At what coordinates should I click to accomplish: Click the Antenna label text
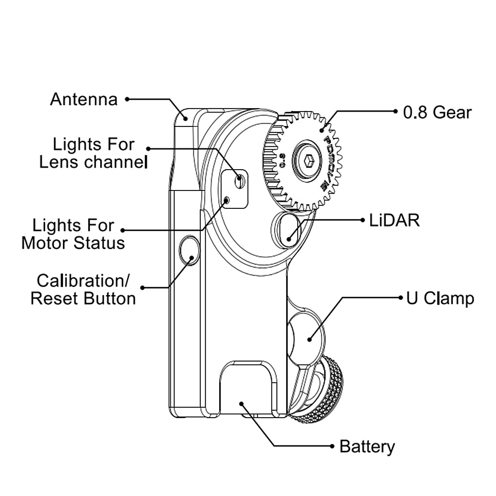click(x=84, y=99)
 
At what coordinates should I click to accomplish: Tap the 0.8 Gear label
click(x=437, y=112)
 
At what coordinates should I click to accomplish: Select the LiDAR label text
click(x=394, y=220)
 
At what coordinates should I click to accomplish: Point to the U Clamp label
click(x=440, y=299)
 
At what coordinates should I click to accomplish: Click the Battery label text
click(x=367, y=446)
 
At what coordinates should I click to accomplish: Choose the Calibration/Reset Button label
click(x=83, y=290)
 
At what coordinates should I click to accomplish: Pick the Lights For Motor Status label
click(x=73, y=234)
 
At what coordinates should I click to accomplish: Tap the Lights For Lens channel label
click(x=94, y=153)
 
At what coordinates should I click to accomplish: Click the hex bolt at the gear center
click(x=308, y=161)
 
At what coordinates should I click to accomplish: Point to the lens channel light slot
click(x=240, y=181)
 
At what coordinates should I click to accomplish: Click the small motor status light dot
click(x=227, y=200)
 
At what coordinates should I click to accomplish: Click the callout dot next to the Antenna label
click(x=127, y=99)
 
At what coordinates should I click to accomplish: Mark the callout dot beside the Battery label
click(x=332, y=446)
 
